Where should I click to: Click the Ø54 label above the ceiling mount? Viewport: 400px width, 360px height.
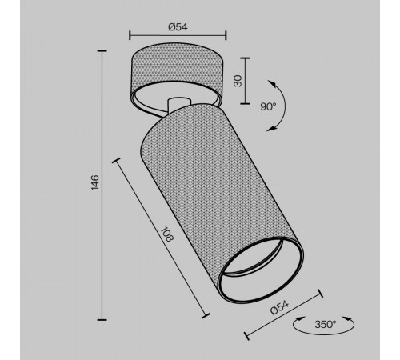(x=178, y=26)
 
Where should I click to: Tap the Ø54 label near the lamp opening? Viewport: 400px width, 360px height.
(x=279, y=307)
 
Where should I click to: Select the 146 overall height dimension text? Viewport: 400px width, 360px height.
(x=95, y=182)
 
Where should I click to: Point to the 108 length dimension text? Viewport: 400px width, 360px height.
(x=167, y=234)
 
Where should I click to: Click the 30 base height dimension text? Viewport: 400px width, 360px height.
(x=238, y=81)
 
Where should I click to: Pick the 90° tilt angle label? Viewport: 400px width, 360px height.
(x=268, y=106)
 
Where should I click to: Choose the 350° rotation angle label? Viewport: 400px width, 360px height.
(x=326, y=324)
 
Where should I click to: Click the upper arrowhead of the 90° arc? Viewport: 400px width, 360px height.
(x=272, y=83)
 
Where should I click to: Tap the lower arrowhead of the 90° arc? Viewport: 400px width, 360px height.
(x=271, y=129)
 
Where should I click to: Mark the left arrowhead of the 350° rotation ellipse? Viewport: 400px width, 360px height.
(x=300, y=318)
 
